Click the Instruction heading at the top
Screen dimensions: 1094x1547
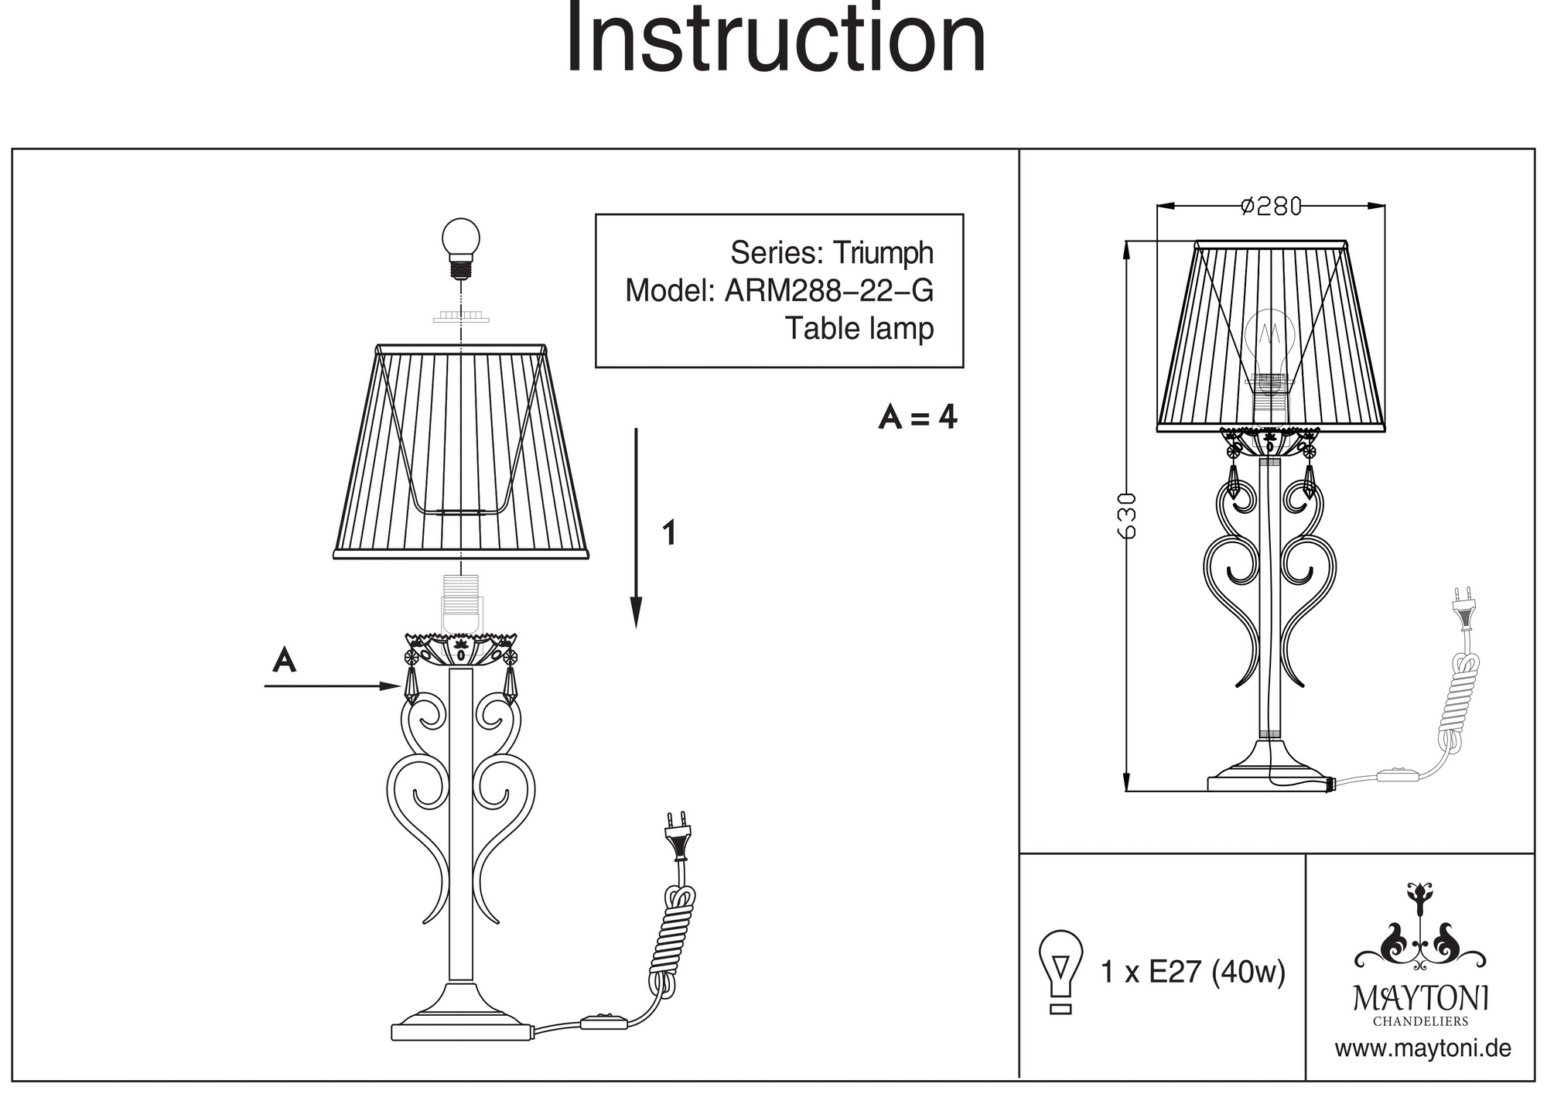[x=776, y=39]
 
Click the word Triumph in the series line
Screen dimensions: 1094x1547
[x=883, y=253]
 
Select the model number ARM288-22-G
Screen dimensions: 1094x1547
[x=828, y=291]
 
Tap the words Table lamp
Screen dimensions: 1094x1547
[x=859, y=328]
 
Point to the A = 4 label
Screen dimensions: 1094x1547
[x=918, y=418]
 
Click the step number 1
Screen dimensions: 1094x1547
[x=670, y=534]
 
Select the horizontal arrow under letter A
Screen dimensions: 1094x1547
[x=333, y=686]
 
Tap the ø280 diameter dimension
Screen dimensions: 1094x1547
[x=1271, y=207]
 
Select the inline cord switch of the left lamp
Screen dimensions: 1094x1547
[x=604, y=1022]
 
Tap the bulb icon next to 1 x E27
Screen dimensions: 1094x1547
[x=1060, y=971]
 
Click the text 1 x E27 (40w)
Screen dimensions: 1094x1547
[x=1192, y=972]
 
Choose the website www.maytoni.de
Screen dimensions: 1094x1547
[x=1422, y=1049]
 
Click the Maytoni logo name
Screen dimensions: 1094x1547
[x=1420, y=999]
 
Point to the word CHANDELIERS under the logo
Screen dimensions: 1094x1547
[x=1420, y=1021]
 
